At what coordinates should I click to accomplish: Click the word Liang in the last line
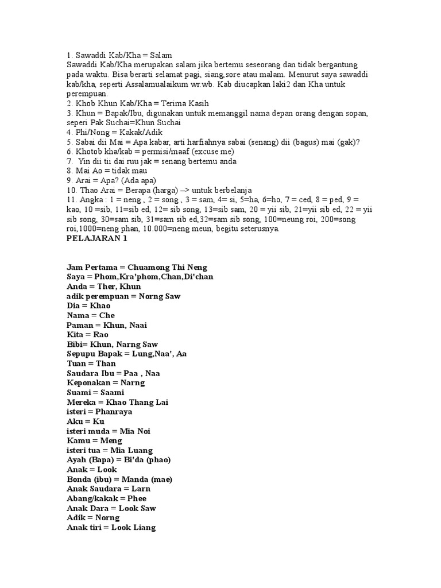[143, 527]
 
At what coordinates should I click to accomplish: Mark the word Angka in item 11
[89, 200]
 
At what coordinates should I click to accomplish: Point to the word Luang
[140, 450]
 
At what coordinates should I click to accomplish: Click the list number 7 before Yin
[69, 162]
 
